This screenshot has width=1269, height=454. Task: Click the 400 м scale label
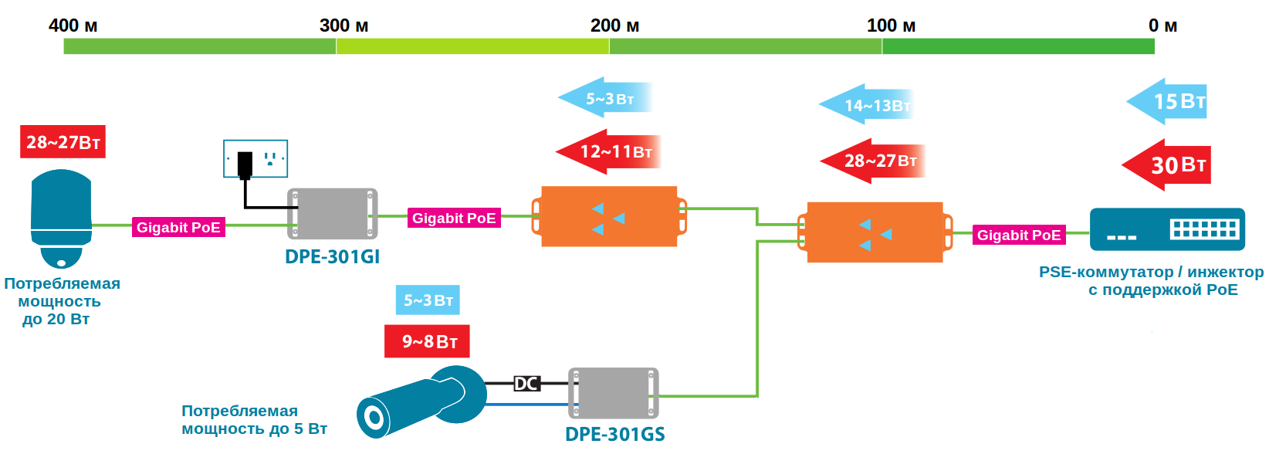tap(73, 25)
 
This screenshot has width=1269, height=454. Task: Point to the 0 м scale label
tap(1162, 25)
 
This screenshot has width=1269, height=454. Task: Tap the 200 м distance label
tap(614, 25)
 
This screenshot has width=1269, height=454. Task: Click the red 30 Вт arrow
tap(1167, 164)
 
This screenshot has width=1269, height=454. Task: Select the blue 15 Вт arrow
tap(1168, 101)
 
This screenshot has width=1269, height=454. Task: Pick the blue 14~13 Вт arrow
tap(867, 105)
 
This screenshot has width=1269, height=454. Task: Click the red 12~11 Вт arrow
tap(609, 151)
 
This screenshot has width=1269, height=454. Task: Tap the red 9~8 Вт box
tap(427, 341)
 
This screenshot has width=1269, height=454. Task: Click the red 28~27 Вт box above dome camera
tap(63, 142)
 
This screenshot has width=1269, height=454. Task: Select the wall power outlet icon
tap(255, 159)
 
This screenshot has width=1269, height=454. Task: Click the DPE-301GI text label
tap(332, 257)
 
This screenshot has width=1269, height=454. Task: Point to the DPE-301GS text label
tap(614, 434)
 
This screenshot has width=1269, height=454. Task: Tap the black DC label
tap(526, 384)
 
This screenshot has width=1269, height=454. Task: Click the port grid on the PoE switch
tap(1204, 229)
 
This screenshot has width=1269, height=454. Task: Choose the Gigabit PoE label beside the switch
tap(1018, 235)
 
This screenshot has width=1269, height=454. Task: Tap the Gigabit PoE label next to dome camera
tap(178, 228)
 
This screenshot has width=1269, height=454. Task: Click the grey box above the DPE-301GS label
tap(614, 394)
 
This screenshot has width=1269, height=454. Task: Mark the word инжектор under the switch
tap(1225, 272)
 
